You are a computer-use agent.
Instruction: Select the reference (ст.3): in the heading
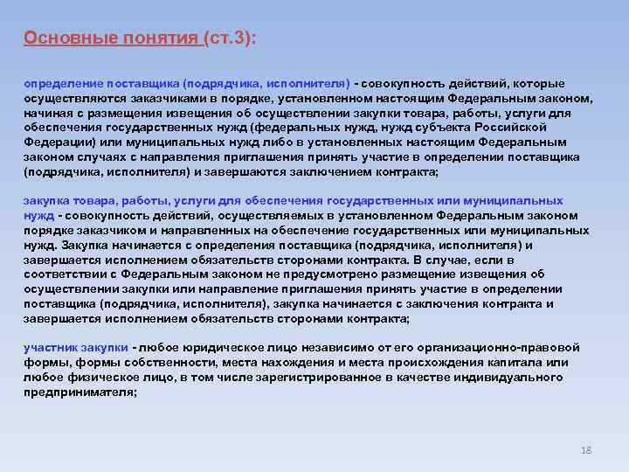(232, 38)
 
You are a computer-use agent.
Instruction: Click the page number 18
(586, 450)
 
